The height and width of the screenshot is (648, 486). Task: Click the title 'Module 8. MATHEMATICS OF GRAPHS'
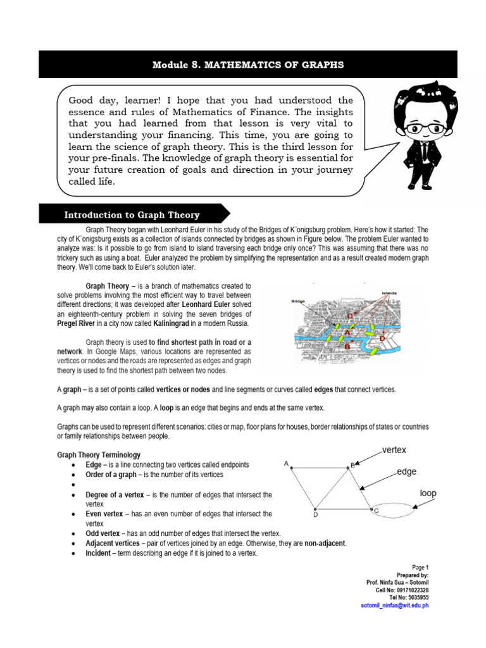[x=248, y=65]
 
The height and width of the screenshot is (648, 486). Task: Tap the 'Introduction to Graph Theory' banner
[x=132, y=215]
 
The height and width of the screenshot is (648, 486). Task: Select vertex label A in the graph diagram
[x=286, y=464]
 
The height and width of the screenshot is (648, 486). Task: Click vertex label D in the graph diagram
[x=315, y=515]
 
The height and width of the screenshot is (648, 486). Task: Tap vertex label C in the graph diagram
[x=376, y=510]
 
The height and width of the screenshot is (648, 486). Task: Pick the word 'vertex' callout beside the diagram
[x=394, y=449]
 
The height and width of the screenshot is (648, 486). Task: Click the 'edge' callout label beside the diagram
[x=408, y=472]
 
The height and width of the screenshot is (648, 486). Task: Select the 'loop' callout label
[x=428, y=493]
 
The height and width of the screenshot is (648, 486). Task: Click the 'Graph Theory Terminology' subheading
[x=99, y=455]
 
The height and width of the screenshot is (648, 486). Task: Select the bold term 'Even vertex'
[x=106, y=514]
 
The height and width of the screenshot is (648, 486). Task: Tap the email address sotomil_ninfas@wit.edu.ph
[x=390, y=605]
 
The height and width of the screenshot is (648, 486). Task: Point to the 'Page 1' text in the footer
[x=420, y=567]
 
